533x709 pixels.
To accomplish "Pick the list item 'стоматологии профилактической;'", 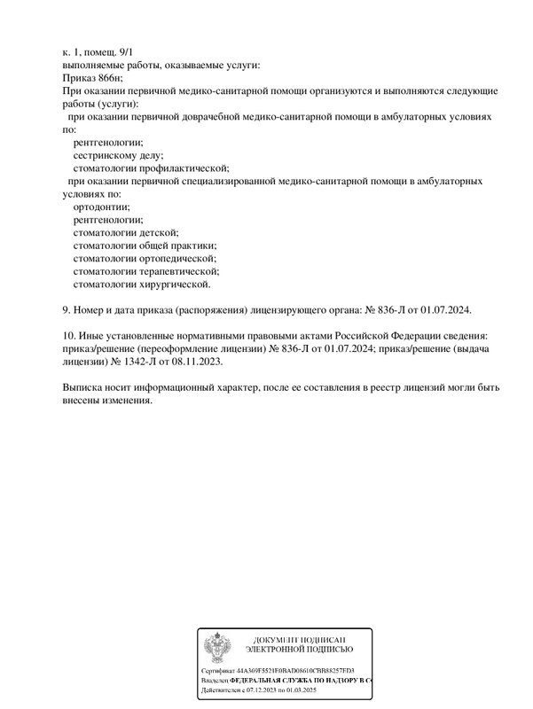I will pyautogui.click(x=151, y=168).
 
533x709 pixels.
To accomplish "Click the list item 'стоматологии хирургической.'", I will pyautogui.click(x=142, y=284).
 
